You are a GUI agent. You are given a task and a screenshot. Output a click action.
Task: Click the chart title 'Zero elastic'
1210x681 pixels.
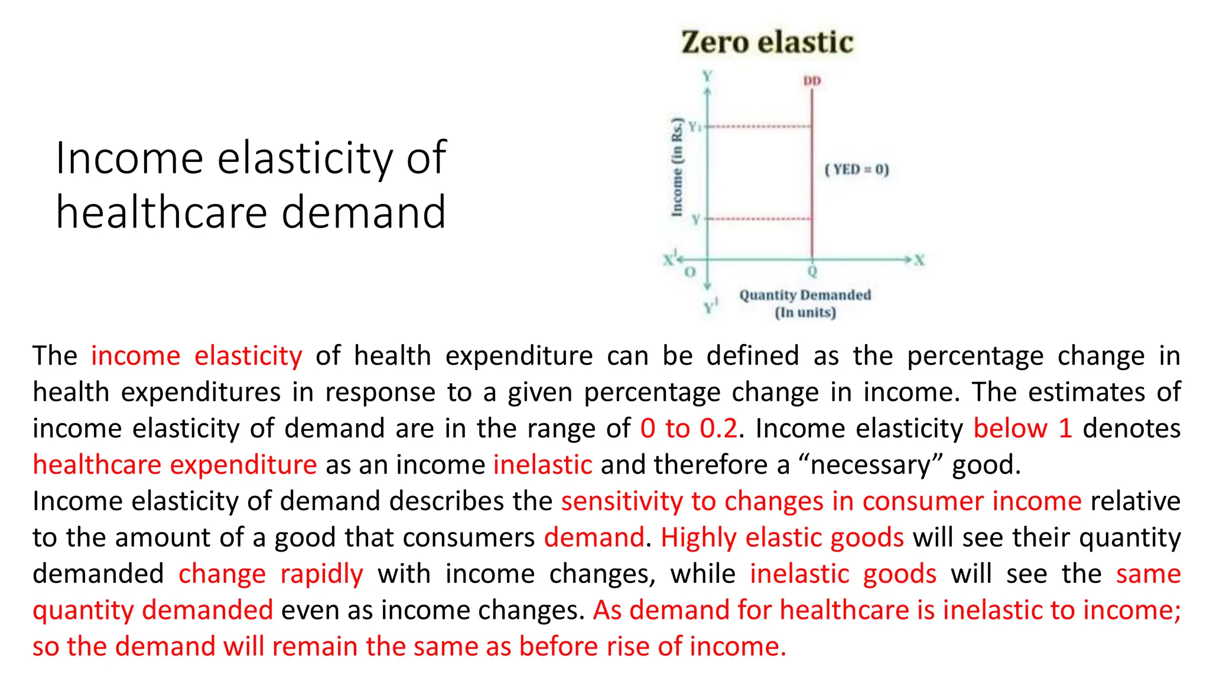(x=767, y=43)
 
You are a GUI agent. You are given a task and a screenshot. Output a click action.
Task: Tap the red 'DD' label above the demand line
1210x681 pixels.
(x=812, y=81)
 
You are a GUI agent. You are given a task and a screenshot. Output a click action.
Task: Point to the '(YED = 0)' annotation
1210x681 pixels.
(x=857, y=170)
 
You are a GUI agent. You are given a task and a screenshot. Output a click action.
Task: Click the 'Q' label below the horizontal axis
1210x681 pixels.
(x=812, y=271)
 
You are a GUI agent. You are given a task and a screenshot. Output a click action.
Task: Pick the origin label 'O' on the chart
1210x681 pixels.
(x=689, y=273)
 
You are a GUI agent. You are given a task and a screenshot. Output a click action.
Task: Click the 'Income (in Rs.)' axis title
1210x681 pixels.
(x=678, y=167)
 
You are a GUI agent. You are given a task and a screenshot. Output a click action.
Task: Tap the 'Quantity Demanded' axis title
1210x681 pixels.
(x=805, y=295)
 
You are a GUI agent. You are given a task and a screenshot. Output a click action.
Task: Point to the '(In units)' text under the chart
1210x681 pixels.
(x=805, y=312)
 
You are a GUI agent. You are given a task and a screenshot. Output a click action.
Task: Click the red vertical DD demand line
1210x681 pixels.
(x=812, y=177)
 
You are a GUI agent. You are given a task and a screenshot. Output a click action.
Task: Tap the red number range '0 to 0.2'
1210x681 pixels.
(x=689, y=428)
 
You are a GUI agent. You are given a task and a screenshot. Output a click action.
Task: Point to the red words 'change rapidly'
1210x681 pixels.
(x=271, y=574)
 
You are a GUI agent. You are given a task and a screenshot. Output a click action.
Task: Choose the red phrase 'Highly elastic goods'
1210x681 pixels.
(x=782, y=537)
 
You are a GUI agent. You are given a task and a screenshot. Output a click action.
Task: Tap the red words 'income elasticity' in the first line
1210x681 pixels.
(x=196, y=356)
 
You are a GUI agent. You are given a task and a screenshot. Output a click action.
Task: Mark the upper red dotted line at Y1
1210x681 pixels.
(x=759, y=127)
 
